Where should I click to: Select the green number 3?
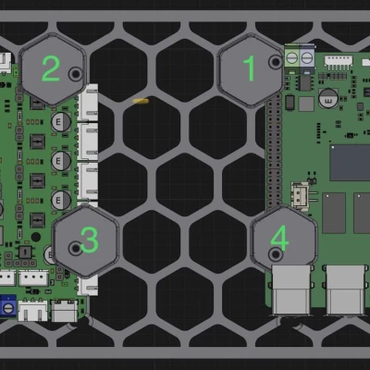[89, 240]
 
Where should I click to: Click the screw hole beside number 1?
[275, 62]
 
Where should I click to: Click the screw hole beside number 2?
[75, 72]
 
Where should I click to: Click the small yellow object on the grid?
[141, 100]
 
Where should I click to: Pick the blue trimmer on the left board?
[6, 304]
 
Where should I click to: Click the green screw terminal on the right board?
[299, 57]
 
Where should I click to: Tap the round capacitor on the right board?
[327, 96]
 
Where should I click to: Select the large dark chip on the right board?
[350, 163]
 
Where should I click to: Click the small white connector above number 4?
[301, 197]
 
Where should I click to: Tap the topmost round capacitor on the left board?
[60, 121]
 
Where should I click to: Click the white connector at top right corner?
[340, 61]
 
